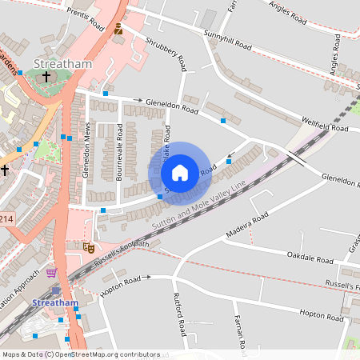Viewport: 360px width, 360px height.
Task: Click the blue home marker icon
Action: (180, 173)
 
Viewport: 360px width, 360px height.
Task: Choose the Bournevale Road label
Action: (118, 152)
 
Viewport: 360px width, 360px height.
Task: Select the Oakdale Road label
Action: (310, 258)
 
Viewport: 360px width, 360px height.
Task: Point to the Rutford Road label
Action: (180, 314)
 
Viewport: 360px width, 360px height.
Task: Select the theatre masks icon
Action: (86, 248)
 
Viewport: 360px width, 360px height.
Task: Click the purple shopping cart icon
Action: (52, 273)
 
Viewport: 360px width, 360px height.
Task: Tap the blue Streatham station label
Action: (55, 303)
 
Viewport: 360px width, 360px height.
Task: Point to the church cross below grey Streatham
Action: (46, 77)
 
